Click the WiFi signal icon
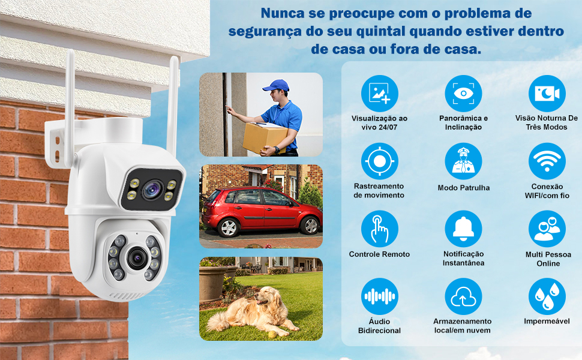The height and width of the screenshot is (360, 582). click(x=547, y=161)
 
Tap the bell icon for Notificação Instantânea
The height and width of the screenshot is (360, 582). click(x=463, y=229)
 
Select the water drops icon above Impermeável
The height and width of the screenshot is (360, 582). click(x=547, y=296)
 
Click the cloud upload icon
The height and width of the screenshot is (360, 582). click(x=463, y=296)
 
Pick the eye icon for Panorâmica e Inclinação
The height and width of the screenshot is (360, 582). click(x=463, y=93)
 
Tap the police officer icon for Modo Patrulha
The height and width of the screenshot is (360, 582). click(x=463, y=161)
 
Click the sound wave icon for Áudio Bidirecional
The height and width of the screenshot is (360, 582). click(x=380, y=296)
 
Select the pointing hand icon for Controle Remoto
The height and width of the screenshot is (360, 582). click(x=380, y=229)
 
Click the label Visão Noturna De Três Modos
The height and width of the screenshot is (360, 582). click(x=547, y=122)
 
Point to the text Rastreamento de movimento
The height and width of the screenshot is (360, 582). click(x=379, y=190)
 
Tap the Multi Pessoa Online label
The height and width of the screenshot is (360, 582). click(x=548, y=259)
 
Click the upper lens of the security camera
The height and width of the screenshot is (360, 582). click(x=152, y=189)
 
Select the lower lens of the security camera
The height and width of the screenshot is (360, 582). click(x=137, y=258)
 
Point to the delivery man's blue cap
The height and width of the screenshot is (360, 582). click(x=276, y=85)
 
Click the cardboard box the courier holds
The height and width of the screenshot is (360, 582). click(x=264, y=138)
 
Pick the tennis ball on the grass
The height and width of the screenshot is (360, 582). click(x=272, y=334)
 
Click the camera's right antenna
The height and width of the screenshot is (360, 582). click(x=173, y=106)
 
